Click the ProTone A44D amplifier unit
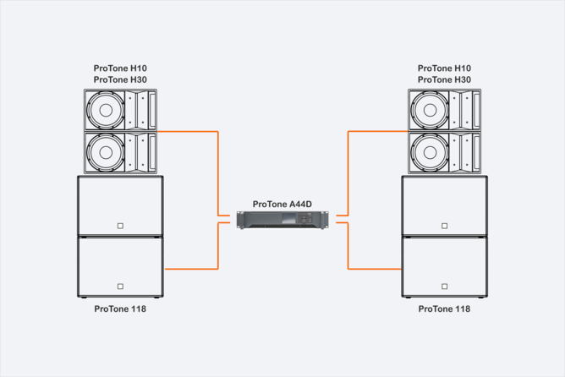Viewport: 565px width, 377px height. point(282,220)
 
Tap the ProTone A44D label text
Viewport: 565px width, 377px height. point(282,204)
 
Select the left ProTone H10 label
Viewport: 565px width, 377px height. point(120,68)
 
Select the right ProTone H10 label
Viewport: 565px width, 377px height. point(445,68)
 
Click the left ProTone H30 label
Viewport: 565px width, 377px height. point(120,79)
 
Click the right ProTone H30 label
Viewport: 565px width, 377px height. point(445,79)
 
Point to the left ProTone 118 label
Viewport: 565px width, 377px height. point(120,309)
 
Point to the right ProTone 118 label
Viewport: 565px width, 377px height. point(445,309)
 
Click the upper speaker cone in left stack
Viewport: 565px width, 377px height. point(107,110)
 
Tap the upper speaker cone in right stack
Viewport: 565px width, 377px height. point(431,110)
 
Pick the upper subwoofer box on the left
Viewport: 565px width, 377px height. point(120,205)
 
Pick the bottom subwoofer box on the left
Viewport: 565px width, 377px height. point(120,265)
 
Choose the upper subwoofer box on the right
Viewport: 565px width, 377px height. point(445,205)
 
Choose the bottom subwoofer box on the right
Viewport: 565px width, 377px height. point(445,265)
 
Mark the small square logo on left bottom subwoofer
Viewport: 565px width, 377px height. point(121,286)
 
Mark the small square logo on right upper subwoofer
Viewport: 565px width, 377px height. point(445,226)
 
